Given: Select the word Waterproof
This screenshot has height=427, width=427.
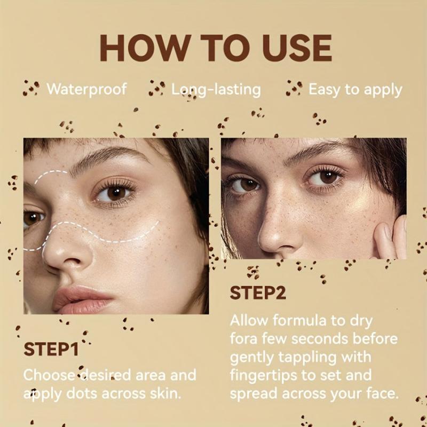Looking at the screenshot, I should pyautogui.click(x=87, y=89).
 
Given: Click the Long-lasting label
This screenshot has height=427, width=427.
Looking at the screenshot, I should pyautogui.click(x=216, y=89).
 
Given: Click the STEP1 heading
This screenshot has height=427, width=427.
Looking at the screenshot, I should pyautogui.click(x=51, y=350).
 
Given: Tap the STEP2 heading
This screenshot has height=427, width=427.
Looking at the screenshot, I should pyautogui.click(x=258, y=293).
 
